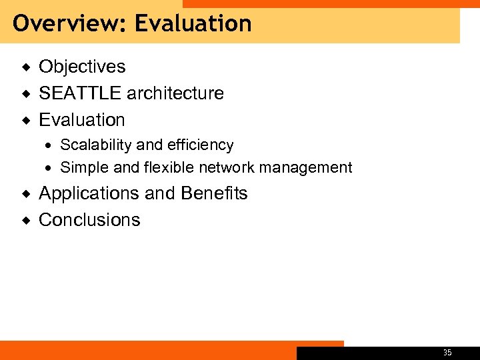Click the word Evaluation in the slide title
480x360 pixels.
click(193, 24)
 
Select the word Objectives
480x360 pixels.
click(82, 67)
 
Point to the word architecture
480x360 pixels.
click(175, 93)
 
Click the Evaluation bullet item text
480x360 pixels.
click(82, 120)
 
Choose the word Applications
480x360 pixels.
click(89, 193)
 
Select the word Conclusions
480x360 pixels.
click(89, 220)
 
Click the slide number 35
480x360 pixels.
click(447, 353)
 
